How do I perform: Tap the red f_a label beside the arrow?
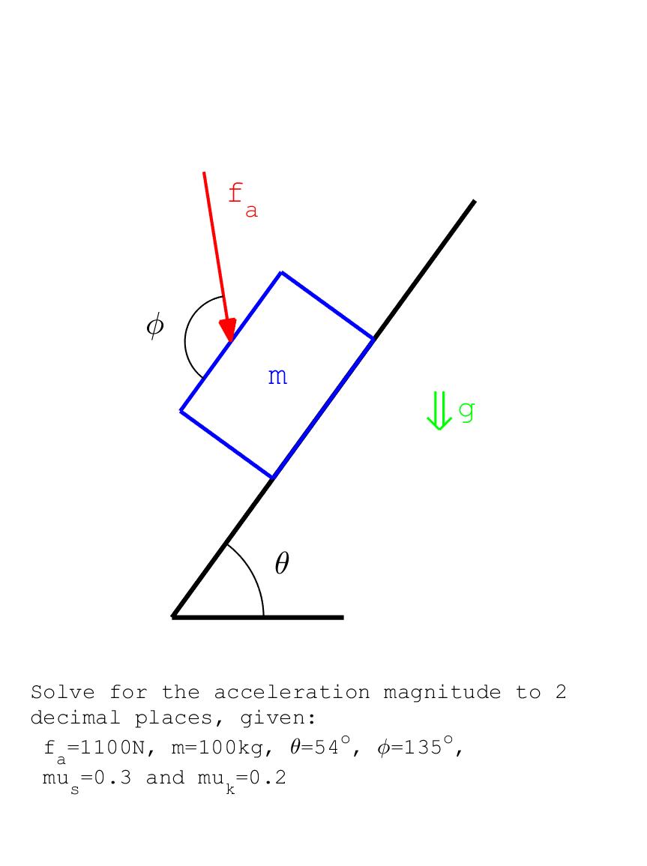pos(243,200)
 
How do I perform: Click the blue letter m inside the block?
pos(277,376)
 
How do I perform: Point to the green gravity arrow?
pos(439,410)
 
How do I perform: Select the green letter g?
pos(467,411)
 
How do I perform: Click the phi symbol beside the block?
pos(155,325)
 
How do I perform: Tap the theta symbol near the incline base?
pos(282,563)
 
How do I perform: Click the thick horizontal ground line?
pos(258,617)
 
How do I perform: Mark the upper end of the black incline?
pos(475,201)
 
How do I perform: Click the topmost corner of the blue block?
pos(282,272)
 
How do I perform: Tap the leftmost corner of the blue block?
pos(181,411)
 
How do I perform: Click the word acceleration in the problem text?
pos(292,692)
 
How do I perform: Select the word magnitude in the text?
pos(442,693)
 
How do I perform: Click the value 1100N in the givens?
pos(112,748)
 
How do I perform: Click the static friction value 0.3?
pos(113,778)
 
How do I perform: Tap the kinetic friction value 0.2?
pos(268,778)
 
